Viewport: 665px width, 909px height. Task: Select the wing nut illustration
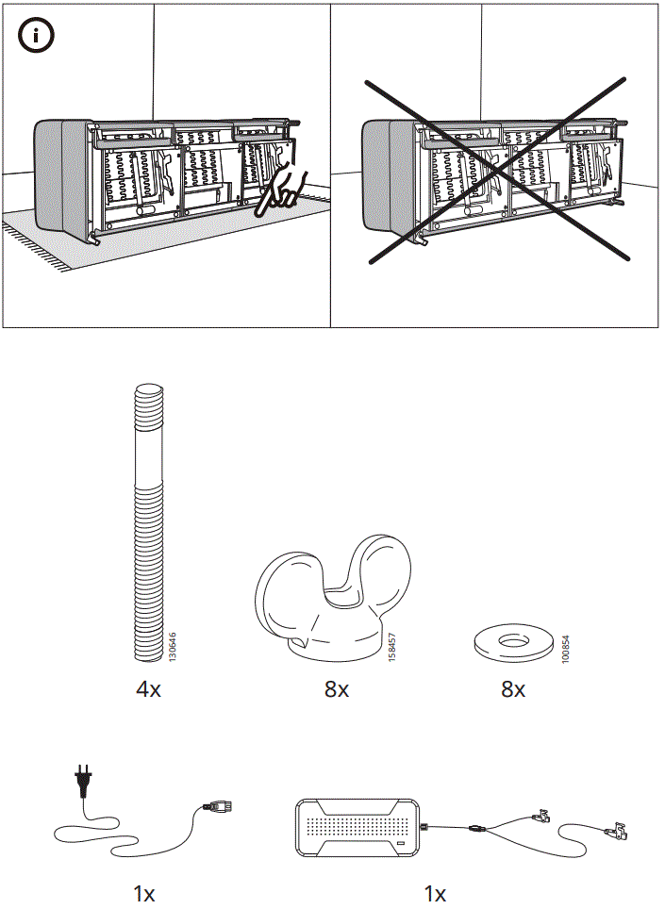[335, 594]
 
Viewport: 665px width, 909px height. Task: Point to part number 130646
[172, 646]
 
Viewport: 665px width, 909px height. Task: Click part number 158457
[392, 647]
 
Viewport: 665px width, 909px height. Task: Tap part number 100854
[566, 648]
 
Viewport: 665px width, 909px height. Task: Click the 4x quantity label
[148, 689]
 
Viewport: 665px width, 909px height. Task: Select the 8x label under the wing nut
[337, 689]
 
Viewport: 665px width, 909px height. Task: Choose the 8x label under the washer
[513, 689]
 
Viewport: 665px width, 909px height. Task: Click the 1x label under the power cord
[143, 892]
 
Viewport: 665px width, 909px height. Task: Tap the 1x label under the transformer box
[435, 892]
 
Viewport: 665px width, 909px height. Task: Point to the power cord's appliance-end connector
[219, 807]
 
